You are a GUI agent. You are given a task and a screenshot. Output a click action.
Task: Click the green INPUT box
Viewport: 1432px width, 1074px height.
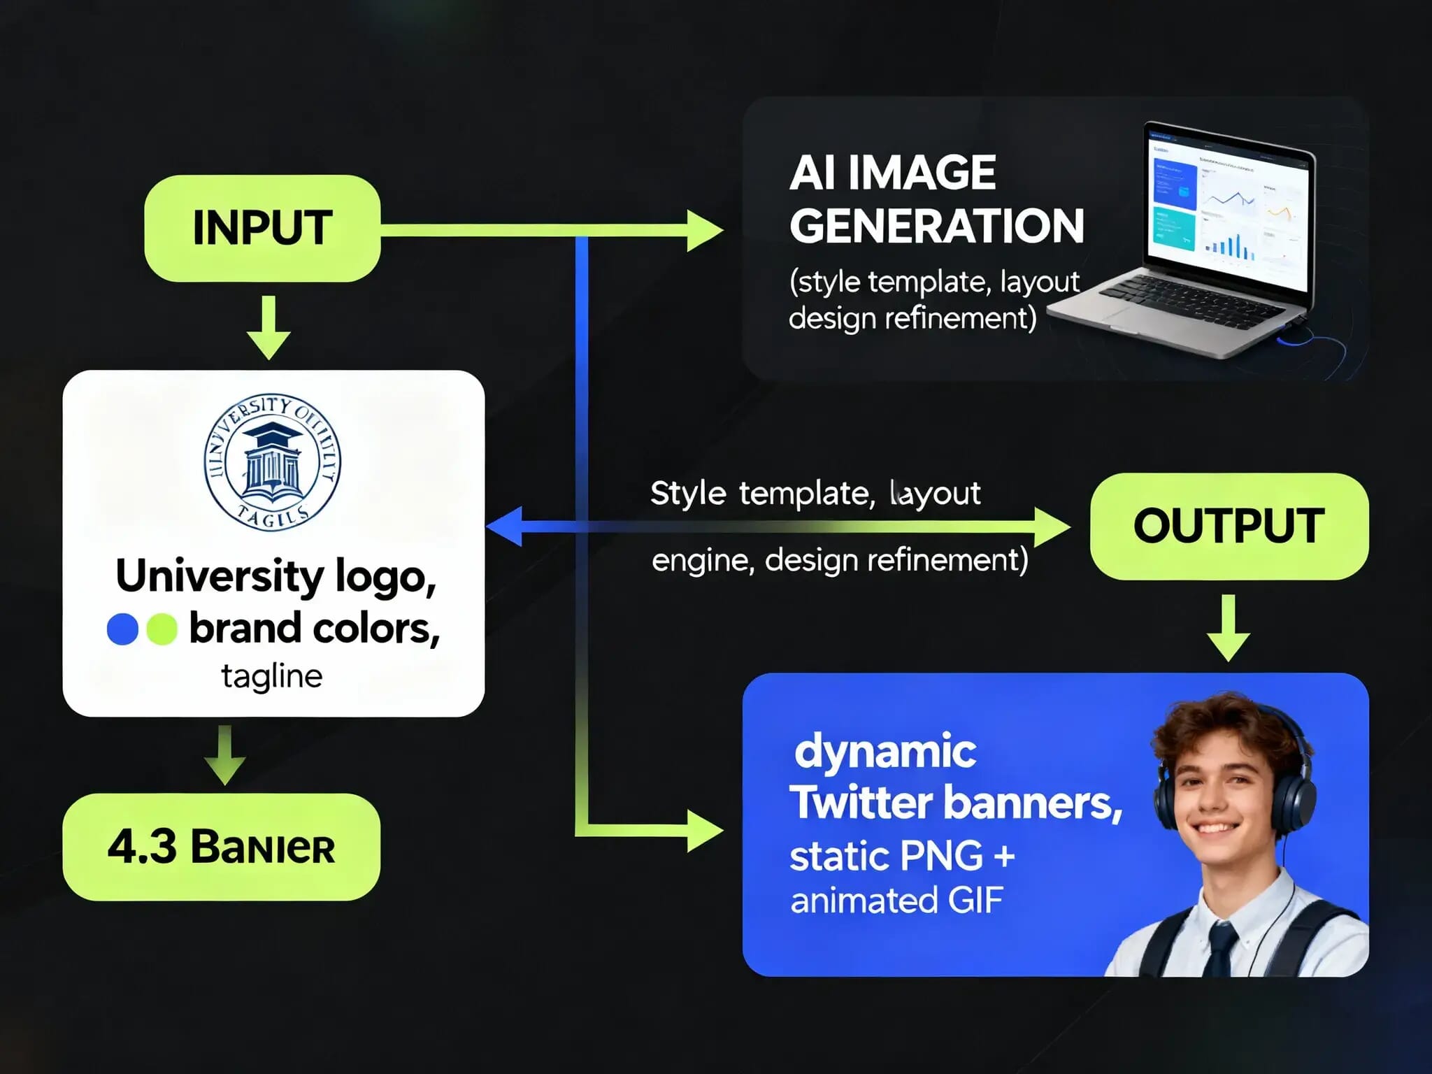coord(262,229)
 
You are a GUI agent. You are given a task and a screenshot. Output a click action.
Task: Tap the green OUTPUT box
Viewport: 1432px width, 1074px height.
coord(1229,527)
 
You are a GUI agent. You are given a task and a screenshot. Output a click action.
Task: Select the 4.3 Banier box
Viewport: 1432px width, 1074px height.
coord(221,847)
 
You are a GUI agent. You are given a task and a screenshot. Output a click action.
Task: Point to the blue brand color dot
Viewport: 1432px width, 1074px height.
coord(122,629)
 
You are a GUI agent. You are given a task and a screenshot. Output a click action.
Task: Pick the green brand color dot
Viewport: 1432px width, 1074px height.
coord(162,629)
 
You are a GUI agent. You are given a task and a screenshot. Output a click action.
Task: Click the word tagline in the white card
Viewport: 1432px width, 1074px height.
coord(272,676)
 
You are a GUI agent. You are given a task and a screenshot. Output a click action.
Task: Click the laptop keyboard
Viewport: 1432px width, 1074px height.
coord(1182,301)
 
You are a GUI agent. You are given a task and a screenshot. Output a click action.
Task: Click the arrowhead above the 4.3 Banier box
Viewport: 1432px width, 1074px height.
coord(224,770)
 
